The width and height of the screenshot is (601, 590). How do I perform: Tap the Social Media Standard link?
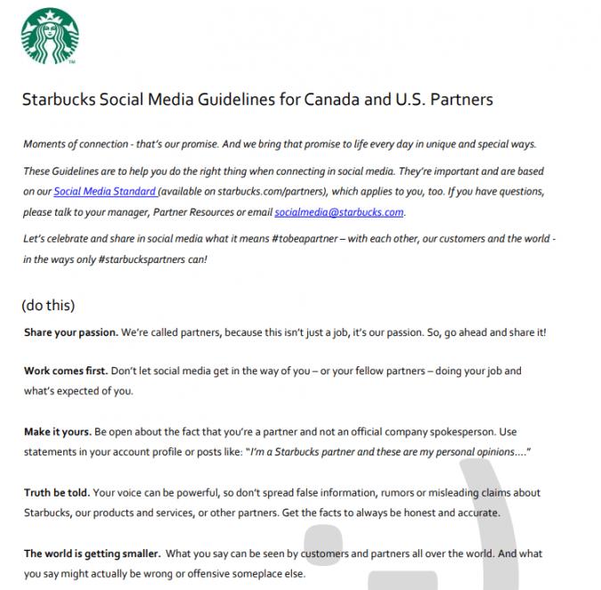coord(104,191)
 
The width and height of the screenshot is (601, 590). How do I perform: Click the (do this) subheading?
coord(48,305)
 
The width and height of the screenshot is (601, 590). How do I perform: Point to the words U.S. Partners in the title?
coord(442,100)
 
